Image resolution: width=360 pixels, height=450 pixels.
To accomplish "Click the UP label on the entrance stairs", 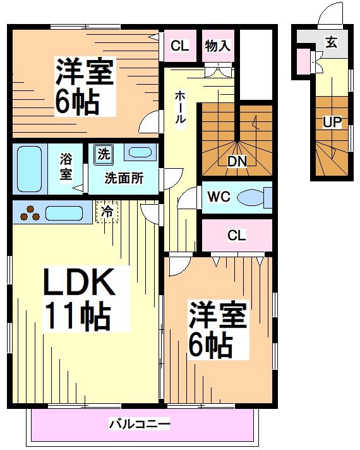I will (332, 122).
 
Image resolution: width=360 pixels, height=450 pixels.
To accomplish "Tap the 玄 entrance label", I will (331, 42).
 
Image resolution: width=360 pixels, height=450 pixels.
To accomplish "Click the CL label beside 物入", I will (180, 46).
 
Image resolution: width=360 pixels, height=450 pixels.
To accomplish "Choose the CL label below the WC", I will (236, 236).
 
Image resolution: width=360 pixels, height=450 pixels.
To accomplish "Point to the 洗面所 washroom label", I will (124, 178).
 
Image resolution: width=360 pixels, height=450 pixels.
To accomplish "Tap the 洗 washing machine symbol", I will (102, 154).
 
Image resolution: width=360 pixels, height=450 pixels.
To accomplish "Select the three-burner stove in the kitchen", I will (28, 214).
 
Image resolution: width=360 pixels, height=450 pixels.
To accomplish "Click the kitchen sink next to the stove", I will (64, 213).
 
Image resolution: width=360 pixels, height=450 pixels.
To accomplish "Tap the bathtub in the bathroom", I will (29, 169).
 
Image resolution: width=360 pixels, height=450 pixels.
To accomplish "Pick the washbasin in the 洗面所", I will (138, 153).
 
